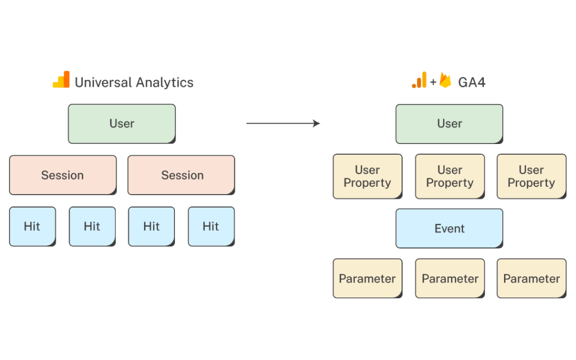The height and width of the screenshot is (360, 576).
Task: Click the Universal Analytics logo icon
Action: tap(61, 79)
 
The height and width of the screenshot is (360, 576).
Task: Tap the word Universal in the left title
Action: tap(103, 82)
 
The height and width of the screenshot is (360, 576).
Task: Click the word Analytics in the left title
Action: tap(165, 83)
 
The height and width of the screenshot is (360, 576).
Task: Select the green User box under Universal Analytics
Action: tap(121, 124)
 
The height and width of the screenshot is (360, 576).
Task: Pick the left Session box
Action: tap(63, 175)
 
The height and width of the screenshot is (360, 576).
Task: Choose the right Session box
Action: tap(181, 175)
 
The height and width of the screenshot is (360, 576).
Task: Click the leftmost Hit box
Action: tap(32, 226)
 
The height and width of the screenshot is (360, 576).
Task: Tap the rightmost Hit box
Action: tap(211, 226)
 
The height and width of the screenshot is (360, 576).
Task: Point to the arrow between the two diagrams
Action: tap(283, 123)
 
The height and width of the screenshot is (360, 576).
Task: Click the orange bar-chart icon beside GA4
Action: tap(419, 80)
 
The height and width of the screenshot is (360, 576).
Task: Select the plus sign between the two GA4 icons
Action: tap(433, 82)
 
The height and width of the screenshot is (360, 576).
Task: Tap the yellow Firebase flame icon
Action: tap(445, 80)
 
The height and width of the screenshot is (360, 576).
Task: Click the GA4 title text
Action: tap(472, 82)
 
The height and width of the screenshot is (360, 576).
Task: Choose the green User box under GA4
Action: tap(449, 124)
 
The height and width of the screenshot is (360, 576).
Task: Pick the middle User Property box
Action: tap(450, 176)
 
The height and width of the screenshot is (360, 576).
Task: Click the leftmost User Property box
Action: tap(368, 176)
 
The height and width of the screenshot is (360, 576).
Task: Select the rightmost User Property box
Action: tap(532, 176)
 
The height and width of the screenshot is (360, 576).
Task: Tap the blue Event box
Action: tap(449, 228)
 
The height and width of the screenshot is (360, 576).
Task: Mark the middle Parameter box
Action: tap(450, 278)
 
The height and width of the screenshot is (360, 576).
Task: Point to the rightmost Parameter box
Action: tap(532, 278)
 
